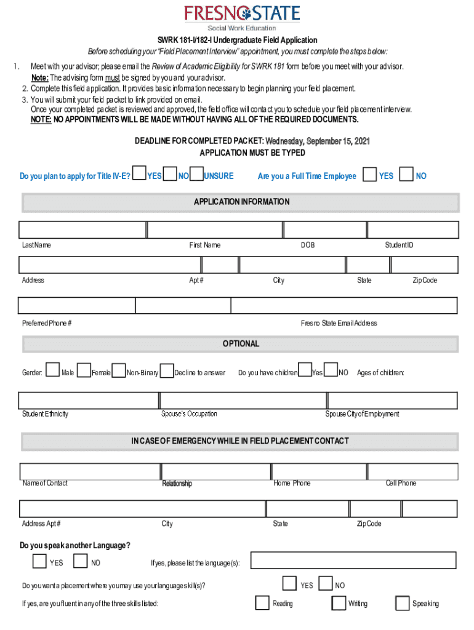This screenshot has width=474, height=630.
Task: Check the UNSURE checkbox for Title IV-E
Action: (196, 175)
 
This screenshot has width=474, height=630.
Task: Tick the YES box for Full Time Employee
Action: (369, 175)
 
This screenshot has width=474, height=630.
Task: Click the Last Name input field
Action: (82, 230)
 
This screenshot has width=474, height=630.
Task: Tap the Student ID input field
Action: (412, 230)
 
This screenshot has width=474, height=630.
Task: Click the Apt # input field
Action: (220, 265)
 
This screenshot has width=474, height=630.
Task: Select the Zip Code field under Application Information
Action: (424, 265)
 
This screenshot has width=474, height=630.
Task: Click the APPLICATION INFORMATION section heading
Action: (241, 202)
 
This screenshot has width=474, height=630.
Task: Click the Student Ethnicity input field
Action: (89, 401)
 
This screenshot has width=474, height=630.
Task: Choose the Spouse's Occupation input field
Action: (241, 401)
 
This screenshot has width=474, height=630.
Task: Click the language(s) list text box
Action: (353, 560)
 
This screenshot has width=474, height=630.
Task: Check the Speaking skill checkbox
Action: (402, 603)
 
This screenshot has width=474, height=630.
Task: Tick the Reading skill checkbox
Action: (262, 603)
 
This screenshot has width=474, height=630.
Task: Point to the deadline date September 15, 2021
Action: (318, 142)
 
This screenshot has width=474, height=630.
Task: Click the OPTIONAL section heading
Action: (241, 344)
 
